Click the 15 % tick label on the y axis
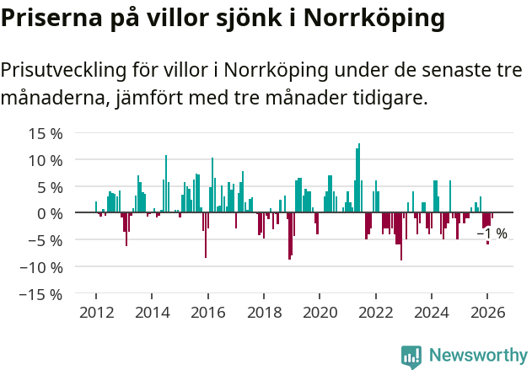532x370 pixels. click(x=46, y=133)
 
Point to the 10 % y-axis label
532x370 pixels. click(x=46, y=160)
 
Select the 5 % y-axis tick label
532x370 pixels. click(x=50, y=187)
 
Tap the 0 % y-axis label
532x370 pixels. click(x=50, y=213)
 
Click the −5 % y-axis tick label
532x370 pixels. click(x=46, y=240)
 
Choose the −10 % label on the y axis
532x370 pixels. click(x=41, y=267)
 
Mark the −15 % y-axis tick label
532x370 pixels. click(x=41, y=294)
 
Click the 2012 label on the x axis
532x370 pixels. click(x=96, y=312)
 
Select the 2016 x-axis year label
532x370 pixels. click(x=208, y=312)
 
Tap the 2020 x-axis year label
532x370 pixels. click(x=320, y=312)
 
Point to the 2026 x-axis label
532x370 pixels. click(x=487, y=312)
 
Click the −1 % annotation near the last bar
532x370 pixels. click(x=492, y=233)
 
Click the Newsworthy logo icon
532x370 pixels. click(x=411, y=356)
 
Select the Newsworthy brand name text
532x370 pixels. click(x=477, y=356)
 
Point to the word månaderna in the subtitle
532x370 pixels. click(x=52, y=99)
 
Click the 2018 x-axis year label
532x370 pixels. click(x=264, y=312)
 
